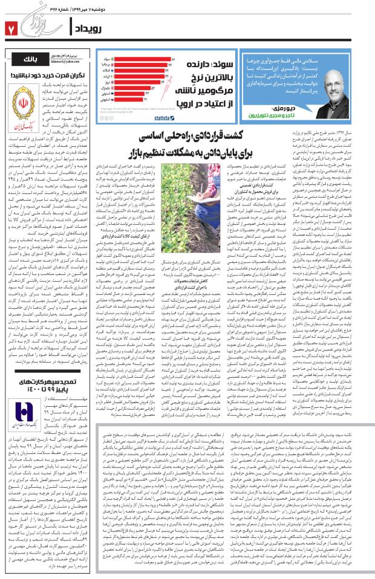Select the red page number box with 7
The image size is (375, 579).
(10, 28)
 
